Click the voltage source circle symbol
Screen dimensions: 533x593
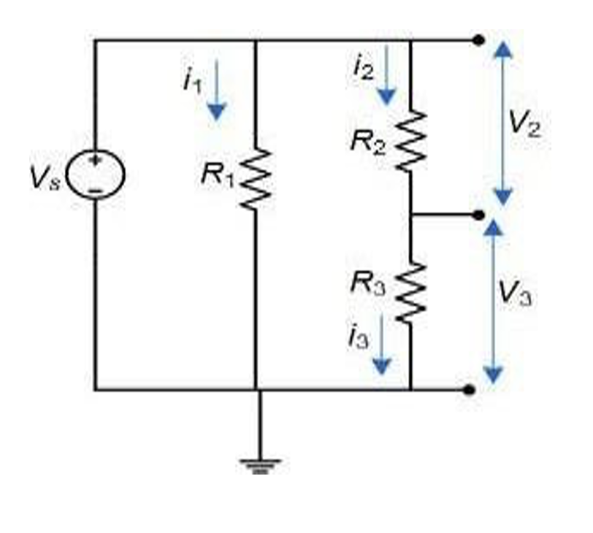(96, 173)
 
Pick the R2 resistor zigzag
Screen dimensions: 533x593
(410, 140)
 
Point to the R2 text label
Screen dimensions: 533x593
(367, 140)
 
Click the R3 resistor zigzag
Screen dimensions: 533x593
(410, 291)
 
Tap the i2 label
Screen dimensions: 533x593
(363, 67)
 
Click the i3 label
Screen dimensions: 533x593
(359, 339)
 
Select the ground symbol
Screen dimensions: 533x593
(257, 464)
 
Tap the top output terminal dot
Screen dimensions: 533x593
(478, 40)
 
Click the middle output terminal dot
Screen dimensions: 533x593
(478, 214)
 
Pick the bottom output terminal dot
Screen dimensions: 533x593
(470, 390)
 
